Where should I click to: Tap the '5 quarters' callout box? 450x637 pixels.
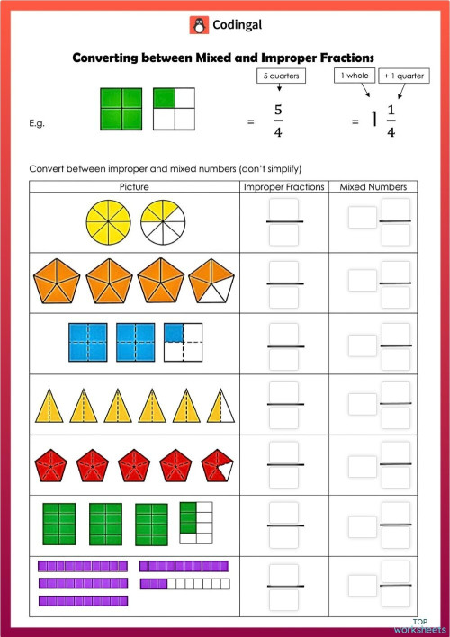pyautogui.click(x=281, y=76)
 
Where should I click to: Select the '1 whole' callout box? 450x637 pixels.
pyautogui.click(x=355, y=76)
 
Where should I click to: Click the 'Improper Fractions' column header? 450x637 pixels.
pyautogui.click(x=283, y=187)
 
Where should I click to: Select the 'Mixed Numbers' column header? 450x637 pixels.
pyautogui.click(x=373, y=187)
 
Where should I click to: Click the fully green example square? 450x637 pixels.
pyautogui.click(x=121, y=109)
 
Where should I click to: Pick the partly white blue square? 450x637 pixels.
pyautogui.click(x=186, y=343)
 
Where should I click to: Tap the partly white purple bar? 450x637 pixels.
pyautogui.click(x=184, y=583)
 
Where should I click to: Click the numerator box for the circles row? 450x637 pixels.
pyautogui.click(x=284, y=209)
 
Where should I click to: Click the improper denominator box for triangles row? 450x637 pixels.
pyautogui.click(x=284, y=418)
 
